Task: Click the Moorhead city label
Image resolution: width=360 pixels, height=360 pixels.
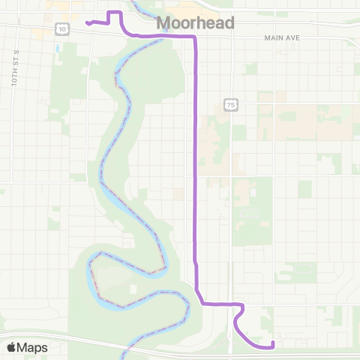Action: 195,23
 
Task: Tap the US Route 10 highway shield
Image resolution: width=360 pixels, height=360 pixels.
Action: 61,28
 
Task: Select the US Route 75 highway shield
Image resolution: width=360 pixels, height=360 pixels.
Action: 230,106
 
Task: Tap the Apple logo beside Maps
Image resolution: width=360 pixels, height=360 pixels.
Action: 11,347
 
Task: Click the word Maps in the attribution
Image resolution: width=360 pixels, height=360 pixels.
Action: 33,347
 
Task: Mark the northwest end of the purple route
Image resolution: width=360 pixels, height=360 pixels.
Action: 87,22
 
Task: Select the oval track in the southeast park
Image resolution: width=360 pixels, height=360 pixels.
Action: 303,268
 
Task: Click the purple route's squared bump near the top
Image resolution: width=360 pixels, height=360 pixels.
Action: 115,14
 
